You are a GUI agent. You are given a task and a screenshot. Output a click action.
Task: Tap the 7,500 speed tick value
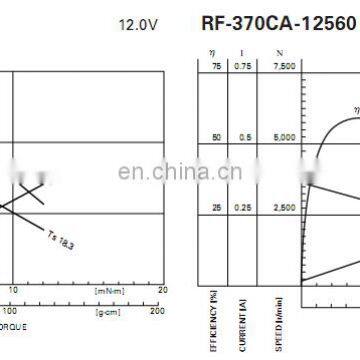(284, 66)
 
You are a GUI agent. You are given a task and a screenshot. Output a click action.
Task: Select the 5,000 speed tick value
(284, 137)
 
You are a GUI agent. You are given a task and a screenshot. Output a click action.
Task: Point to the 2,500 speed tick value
(284, 208)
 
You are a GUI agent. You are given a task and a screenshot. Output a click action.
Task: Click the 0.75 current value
(242, 66)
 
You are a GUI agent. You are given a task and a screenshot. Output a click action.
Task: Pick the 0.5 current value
(243, 137)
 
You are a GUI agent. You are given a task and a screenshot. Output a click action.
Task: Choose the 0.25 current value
(242, 208)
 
